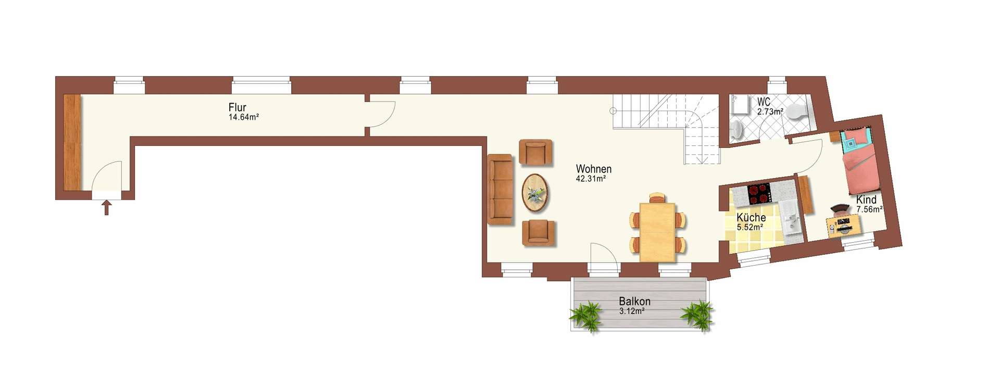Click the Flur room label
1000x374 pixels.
click(237, 107)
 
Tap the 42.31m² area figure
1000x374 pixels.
click(591, 179)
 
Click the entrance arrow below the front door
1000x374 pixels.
click(106, 208)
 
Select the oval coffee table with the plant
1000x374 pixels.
click(535, 193)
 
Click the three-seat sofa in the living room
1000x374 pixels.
click(500, 189)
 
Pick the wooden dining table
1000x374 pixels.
click(658, 232)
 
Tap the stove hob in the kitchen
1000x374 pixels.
click(759, 194)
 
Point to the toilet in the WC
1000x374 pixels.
click(797, 111)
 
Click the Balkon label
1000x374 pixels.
click(634, 301)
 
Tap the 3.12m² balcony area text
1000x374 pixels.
click(632, 311)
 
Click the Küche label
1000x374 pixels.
click(751, 217)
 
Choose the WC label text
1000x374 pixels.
click(764, 102)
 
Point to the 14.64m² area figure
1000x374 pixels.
click(244, 117)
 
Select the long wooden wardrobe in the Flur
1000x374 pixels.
click(72, 142)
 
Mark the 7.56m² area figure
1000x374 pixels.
click(869, 209)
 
